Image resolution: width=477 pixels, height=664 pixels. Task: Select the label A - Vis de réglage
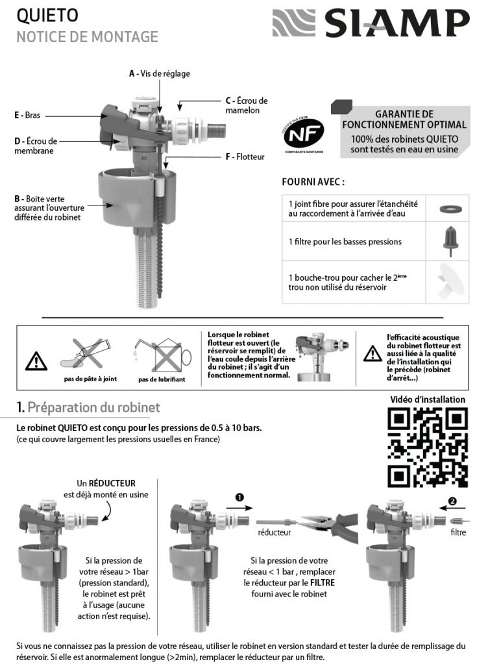point(159,74)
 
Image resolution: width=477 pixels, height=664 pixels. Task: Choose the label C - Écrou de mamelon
point(246,105)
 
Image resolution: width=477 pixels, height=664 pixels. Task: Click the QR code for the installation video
point(427,448)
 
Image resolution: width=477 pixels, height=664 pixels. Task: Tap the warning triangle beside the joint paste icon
point(36,359)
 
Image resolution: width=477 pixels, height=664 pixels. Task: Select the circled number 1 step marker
point(240,497)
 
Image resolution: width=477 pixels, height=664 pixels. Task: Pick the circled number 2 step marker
point(452,501)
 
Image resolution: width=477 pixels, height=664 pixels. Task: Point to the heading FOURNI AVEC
point(313,182)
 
